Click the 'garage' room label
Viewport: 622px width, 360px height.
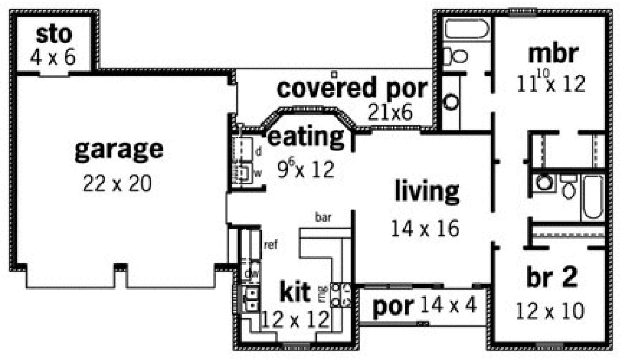point(118,150)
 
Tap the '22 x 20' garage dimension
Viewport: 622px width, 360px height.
point(117,184)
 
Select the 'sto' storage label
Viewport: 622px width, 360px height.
point(54,35)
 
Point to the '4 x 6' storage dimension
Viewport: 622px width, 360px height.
point(53,57)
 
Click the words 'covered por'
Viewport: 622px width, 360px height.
point(352,88)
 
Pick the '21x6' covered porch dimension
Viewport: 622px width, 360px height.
point(390,112)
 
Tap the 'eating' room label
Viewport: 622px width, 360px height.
point(307,137)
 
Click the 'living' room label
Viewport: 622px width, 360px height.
point(427,191)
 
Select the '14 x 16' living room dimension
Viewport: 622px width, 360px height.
point(425,228)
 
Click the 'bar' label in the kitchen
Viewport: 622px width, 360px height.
point(323,218)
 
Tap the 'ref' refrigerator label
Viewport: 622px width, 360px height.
point(270,245)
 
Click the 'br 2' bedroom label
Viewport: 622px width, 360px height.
point(550,278)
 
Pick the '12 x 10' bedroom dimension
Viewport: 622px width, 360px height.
point(550,311)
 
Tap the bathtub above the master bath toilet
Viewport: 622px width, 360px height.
point(467,29)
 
